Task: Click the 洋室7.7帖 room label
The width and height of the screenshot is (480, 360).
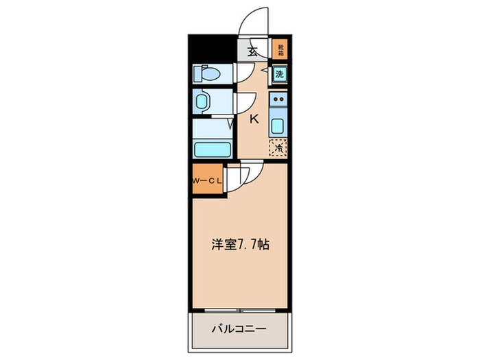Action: (239, 244)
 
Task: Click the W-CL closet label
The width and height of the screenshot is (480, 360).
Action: (206, 181)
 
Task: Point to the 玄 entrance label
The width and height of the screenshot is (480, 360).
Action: (252, 51)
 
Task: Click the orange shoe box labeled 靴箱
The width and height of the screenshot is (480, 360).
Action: (279, 49)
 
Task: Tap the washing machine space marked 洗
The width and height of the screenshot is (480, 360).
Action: (280, 73)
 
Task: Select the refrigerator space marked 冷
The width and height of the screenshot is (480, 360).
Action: (279, 146)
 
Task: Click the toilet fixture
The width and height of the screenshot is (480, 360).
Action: (206, 73)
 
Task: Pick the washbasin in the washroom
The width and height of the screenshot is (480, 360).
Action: (203, 103)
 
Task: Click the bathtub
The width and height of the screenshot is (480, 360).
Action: (210, 148)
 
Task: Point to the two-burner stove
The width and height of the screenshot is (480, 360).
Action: (278, 102)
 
